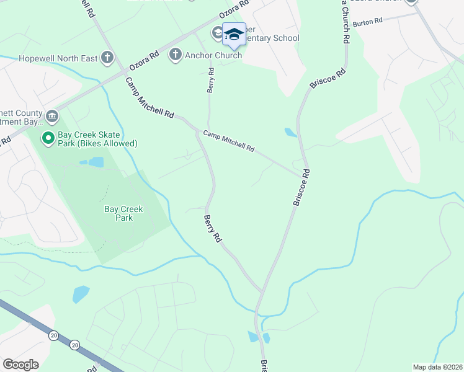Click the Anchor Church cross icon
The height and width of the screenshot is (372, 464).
(x=176, y=55)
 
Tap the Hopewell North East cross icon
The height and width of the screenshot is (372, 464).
(x=107, y=58)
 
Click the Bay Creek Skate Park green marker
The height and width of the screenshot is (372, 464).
(x=47, y=137)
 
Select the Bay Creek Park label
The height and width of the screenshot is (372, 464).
(x=123, y=213)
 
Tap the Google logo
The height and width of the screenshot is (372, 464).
(x=20, y=364)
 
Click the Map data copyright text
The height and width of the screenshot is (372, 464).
(x=437, y=367)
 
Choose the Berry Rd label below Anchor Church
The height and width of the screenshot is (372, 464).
(x=212, y=81)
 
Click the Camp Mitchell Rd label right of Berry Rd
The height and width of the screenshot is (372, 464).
(x=229, y=141)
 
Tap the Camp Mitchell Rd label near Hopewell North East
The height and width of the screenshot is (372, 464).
(x=149, y=97)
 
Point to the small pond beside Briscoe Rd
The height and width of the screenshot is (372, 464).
(x=290, y=132)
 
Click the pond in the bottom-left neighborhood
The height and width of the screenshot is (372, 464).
(x=81, y=293)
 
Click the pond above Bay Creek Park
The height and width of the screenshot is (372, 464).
(x=92, y=162)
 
